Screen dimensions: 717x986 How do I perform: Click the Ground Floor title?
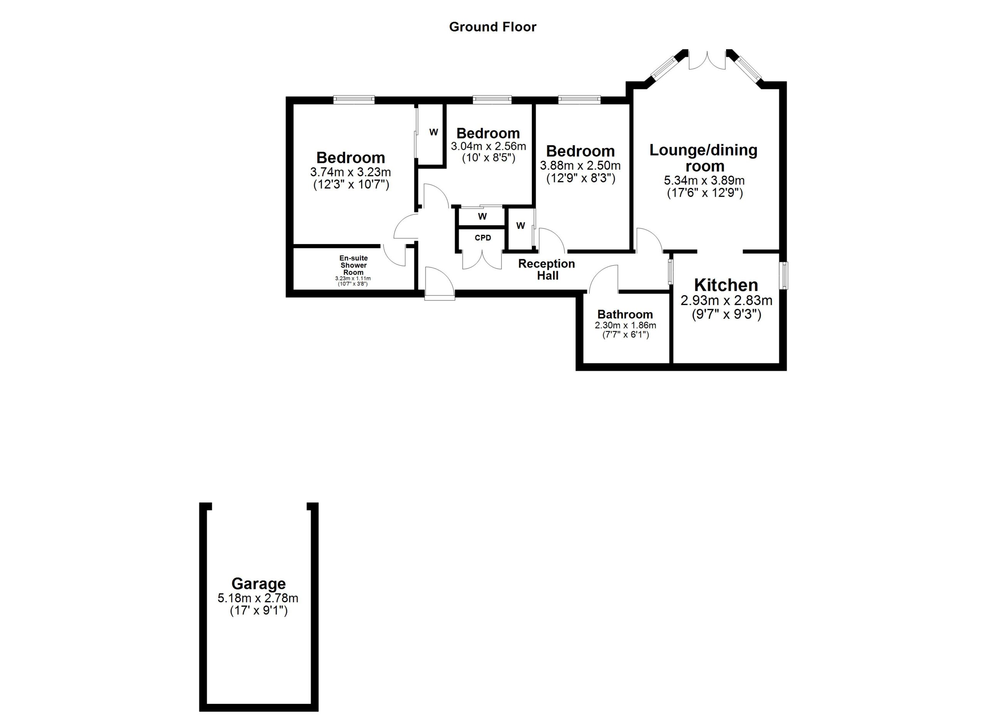click(493, 27)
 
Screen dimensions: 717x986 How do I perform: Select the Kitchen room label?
click(726, 285)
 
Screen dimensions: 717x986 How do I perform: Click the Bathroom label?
click(625, 314)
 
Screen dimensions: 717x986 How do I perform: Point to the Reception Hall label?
click(547, 270)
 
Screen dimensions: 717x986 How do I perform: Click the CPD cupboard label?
click(483, 238)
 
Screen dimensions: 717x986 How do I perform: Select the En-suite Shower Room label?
click(353, 265)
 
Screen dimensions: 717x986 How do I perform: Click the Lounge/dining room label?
click(703, 158)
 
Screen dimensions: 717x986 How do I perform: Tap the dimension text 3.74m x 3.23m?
click(350, 172)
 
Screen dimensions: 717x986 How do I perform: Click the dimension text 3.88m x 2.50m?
click(580, 166)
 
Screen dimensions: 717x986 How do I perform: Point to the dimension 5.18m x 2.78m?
click(258, 598)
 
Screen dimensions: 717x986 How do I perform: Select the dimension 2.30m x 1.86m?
click(625, 325)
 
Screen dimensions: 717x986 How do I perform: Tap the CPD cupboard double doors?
click(482, 261)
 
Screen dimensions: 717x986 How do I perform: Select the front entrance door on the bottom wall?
click(439, 285)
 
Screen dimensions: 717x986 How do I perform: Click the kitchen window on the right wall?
click(783, 275)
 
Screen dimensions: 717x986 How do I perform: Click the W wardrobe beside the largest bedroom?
click(433, 132)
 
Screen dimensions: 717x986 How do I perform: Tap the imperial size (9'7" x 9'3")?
click(726, 314)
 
